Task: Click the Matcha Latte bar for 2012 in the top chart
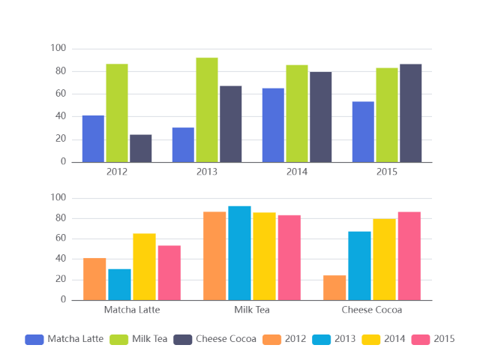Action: pyautogui.click(x=93, y=139)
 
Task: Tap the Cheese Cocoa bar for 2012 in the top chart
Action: pyautogui.click(x=140, y=148)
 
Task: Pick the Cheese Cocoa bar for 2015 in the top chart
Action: pyautogui.click(x=410, y=113)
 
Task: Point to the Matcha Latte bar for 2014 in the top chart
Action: pyautogui.click(x=273, y=125)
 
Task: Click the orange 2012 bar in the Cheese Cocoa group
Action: pyautogui.click(x=334, y=288)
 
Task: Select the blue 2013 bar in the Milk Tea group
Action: pyautogui.click(x=239, y=253)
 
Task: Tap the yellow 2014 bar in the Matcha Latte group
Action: pyautogui.click(x=144, y=267)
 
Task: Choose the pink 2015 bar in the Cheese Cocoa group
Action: pyautogui.click(x=409, y=256)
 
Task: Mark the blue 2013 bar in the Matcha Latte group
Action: pyautogui.click(x=119, y=284)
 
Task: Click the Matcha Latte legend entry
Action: pyautogui.click(x=64, y=339)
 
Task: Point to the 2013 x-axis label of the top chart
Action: pyautogui.click(x=207, y=172)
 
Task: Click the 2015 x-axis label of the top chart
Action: pyautogui.click(x=387, y=172)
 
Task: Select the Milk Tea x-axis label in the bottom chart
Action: pyautogui.click(x=252, y=310)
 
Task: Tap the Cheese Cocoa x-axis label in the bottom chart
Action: pyautogui.click(x=372, y=310)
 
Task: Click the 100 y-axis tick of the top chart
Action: pyautogui.click(x=58, y=49)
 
